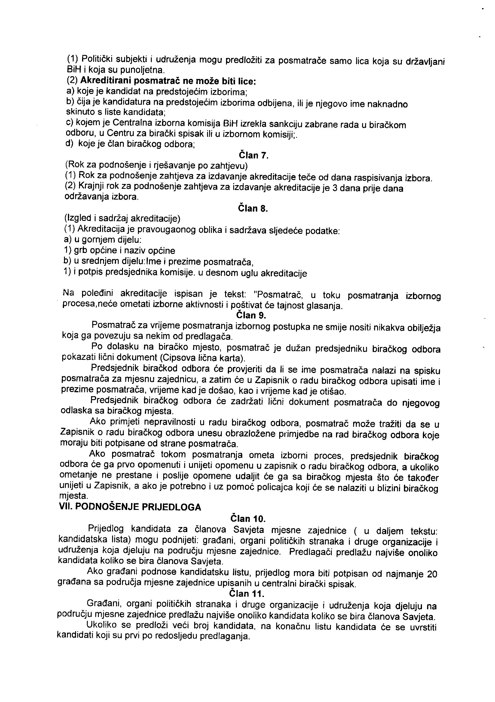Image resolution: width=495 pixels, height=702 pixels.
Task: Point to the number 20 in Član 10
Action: click(x=432, y=574)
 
